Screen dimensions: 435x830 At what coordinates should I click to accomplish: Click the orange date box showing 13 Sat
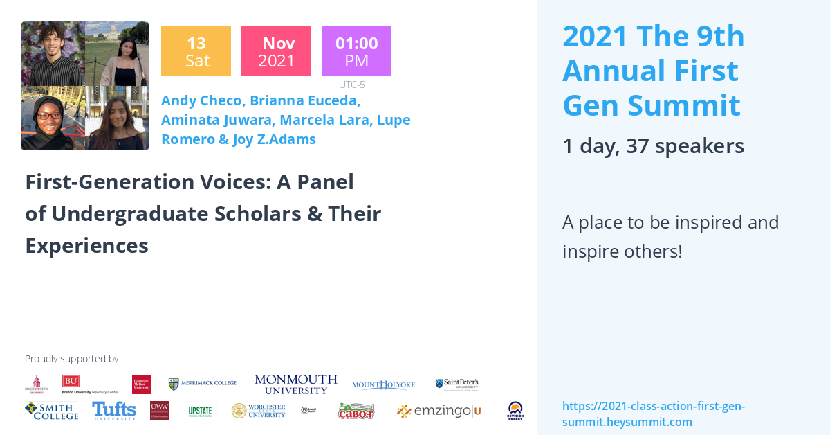click(196, 51)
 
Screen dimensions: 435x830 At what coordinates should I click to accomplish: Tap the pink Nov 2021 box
click(276, 51)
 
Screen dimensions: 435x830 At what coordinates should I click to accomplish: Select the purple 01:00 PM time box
click(356, 51)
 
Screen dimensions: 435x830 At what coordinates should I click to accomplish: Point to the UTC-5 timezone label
click(351, 85)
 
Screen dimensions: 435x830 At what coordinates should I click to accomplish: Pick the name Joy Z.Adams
click(277, 139)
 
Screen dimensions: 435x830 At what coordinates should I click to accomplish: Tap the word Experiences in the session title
click(86, 245)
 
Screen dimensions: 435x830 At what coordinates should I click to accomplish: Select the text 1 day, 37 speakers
click(653, 145)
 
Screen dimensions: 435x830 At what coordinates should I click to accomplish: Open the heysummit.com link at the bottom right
click(653, 414)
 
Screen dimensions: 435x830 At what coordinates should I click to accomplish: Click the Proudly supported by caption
click(71, 359)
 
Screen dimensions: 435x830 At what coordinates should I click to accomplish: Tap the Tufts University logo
click(114, 411)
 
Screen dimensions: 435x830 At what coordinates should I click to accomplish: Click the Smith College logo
click(51, 411)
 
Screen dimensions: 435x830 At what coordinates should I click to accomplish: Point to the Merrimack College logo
click(203, 383)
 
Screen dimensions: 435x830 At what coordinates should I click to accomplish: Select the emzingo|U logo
click(439, 411)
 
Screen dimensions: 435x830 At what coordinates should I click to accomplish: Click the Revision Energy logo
click(515, 411)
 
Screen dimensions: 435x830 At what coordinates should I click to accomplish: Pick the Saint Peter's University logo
click(456, 384)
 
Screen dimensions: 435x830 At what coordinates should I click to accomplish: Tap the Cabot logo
click(356, 411)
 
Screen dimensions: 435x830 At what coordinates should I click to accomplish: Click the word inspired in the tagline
click(706, 222)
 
